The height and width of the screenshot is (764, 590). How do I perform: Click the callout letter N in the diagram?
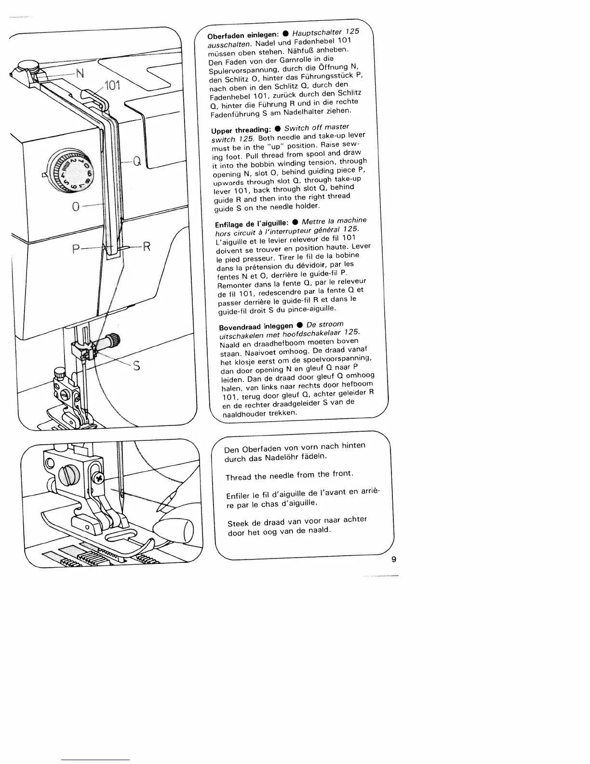pyautogui.click(x=80, y=74)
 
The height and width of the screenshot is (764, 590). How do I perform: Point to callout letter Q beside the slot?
pyautogui.click(x=136, y=162)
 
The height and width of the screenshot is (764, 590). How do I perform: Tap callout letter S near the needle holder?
pyautogui.click(x=136, y=366)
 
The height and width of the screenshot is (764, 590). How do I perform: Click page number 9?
pyautogui.click(x=394, y=559)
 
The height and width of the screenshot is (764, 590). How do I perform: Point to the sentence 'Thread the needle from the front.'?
pyautogui.click(x=289, y=476)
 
